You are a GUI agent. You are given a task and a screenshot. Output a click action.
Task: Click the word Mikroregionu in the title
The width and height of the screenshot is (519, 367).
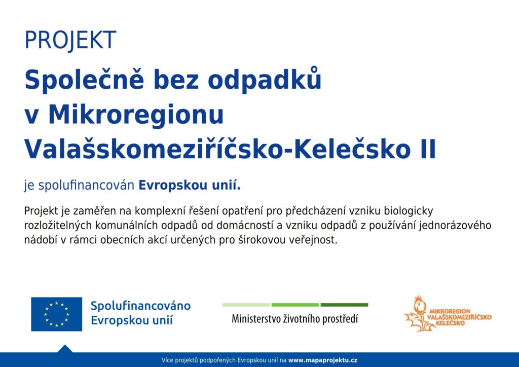pyautogui.click(x=136, y=115)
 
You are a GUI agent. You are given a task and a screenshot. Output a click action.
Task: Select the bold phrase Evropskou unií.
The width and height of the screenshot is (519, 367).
pyautogui.click(x=190, y=185)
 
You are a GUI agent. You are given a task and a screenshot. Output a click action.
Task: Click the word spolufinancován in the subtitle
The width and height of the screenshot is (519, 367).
pyautogui.click(x=86, y=186)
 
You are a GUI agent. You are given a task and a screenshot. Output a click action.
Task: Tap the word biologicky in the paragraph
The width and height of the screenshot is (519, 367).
pyautogui.click(x=409, y=211)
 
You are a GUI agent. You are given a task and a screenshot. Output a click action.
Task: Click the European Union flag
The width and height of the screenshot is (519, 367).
pyautogui.click(x=57, y=314)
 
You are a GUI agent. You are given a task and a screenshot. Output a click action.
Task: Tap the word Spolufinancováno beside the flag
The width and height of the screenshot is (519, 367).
pyautogui.click(x=141, y=306)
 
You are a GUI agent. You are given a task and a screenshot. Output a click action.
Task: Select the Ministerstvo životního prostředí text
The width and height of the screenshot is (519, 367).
pyautogui.click(x=295, y=319)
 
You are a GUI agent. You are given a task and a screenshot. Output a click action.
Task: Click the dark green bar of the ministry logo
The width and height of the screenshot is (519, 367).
pyautogui.click(x=344, y=305)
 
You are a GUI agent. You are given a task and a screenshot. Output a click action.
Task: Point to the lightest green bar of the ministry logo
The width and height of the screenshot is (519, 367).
pyautogui.click(x=246, y=305)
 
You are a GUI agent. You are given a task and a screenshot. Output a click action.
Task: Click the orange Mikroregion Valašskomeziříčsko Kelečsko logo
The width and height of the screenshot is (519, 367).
pyautogui.click(x=448, y=314)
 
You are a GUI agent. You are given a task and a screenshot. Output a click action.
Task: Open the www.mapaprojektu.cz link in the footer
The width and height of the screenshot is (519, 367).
pyautogui.click(x=323, y=360)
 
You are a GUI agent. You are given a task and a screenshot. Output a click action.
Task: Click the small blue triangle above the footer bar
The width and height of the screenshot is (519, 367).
pyautogui.click(x=65, y=349)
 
